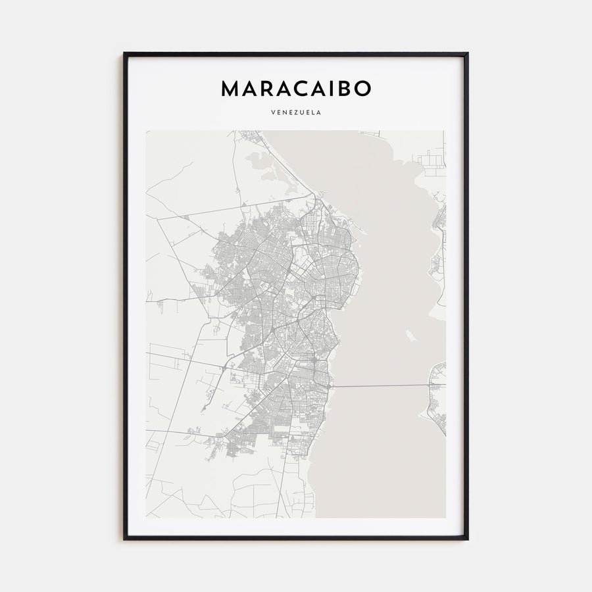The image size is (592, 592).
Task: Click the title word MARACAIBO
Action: pyautogui.click(x=296, y=88)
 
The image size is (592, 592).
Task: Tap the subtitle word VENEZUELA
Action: pyautogui.click(x=296, y=112)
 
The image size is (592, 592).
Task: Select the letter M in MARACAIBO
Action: pyautogui.click(x=231, y=88)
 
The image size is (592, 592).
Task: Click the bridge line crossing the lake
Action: pyautogui.click(x=382, y=385)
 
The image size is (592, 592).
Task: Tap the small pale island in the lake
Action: pyautogui.click(x=411, y=337)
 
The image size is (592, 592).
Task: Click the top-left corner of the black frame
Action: pyautogui.click(x=124, y=54)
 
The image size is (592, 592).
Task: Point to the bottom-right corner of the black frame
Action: pyautogui.click(x=467, y=539)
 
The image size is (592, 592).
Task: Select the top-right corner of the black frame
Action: pyautogui.click(x=467, y=54)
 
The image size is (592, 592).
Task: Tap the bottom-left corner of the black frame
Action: pyautogui.click(x=124, y=539)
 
